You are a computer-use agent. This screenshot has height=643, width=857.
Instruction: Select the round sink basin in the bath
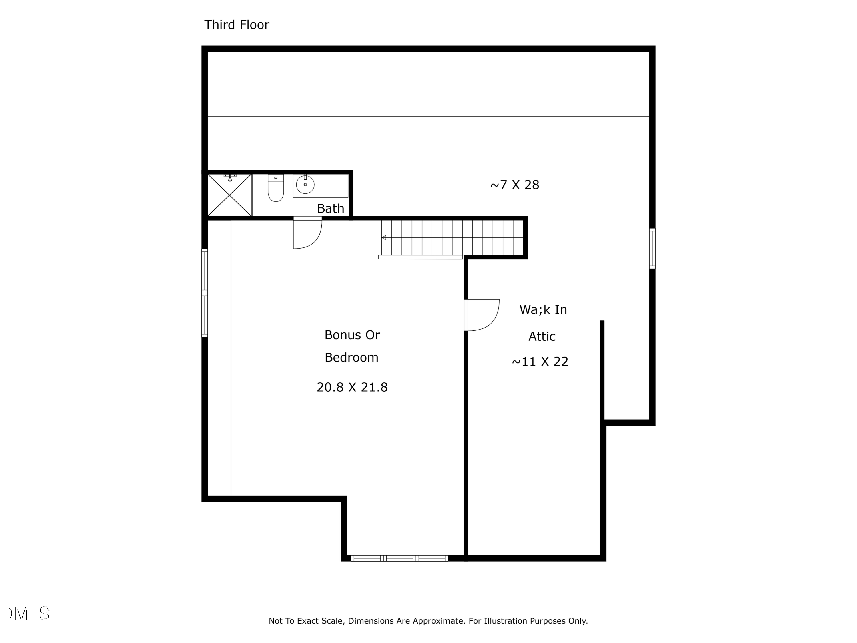(x=305, y=185)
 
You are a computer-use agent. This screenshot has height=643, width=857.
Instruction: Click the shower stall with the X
(x=229, y=195)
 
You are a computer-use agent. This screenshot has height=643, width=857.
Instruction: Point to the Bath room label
(x=331, y=209)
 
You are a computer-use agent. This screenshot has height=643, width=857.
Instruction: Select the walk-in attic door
(x=482, y=315)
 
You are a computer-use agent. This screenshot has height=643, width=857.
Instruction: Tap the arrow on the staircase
(x=384, y=237)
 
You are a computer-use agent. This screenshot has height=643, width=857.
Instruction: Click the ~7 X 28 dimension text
(x=514, y=185)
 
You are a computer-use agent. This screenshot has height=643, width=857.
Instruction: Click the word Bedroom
(x=351, y=357)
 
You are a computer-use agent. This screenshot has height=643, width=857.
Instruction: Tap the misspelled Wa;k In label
(x=543, y=310)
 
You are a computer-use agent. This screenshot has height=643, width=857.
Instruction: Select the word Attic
(x=542, y=336)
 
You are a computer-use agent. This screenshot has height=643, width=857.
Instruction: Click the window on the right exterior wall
(x=652, y=248)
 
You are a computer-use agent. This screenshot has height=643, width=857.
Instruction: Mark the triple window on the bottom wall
(x=399, y=558)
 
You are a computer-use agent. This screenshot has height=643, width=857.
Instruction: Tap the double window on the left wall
(x=205, y=293)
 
